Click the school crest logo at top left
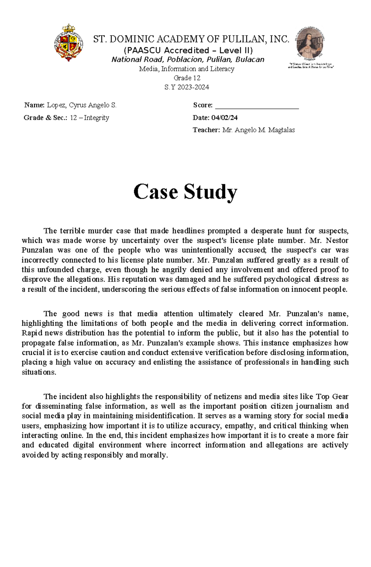(x=69, y=43)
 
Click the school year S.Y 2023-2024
(x=187, y=87)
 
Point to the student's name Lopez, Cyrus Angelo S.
(x=82, y=105)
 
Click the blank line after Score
(x=257, y=106)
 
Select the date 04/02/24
(x=224, y=118)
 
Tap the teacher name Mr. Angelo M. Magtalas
(x=258, y=130)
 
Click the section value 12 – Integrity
(x=89, y=118)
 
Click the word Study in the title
(x=211, y=192)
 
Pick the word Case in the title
(x=156, y=192)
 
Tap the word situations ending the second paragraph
(x=39, y=372)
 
